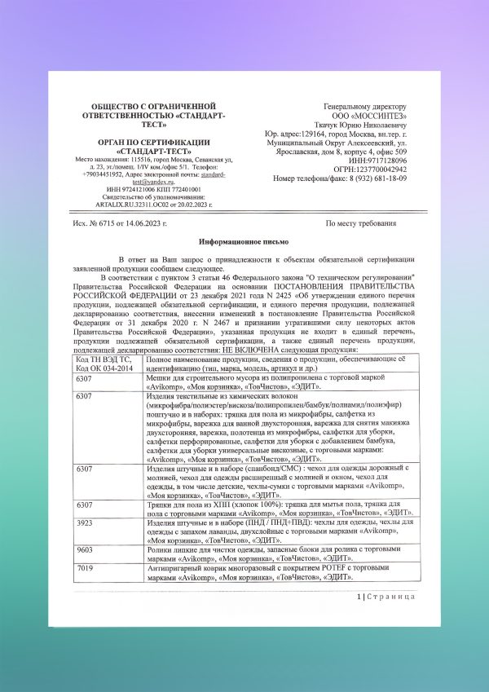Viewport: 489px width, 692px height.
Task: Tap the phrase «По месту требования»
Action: tap(361, 223)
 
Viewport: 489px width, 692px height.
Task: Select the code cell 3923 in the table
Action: tap(83, 545)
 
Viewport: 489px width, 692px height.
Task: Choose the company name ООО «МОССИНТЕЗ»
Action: tap(365, 116)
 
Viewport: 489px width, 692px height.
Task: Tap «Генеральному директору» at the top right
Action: tap(364, 106)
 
